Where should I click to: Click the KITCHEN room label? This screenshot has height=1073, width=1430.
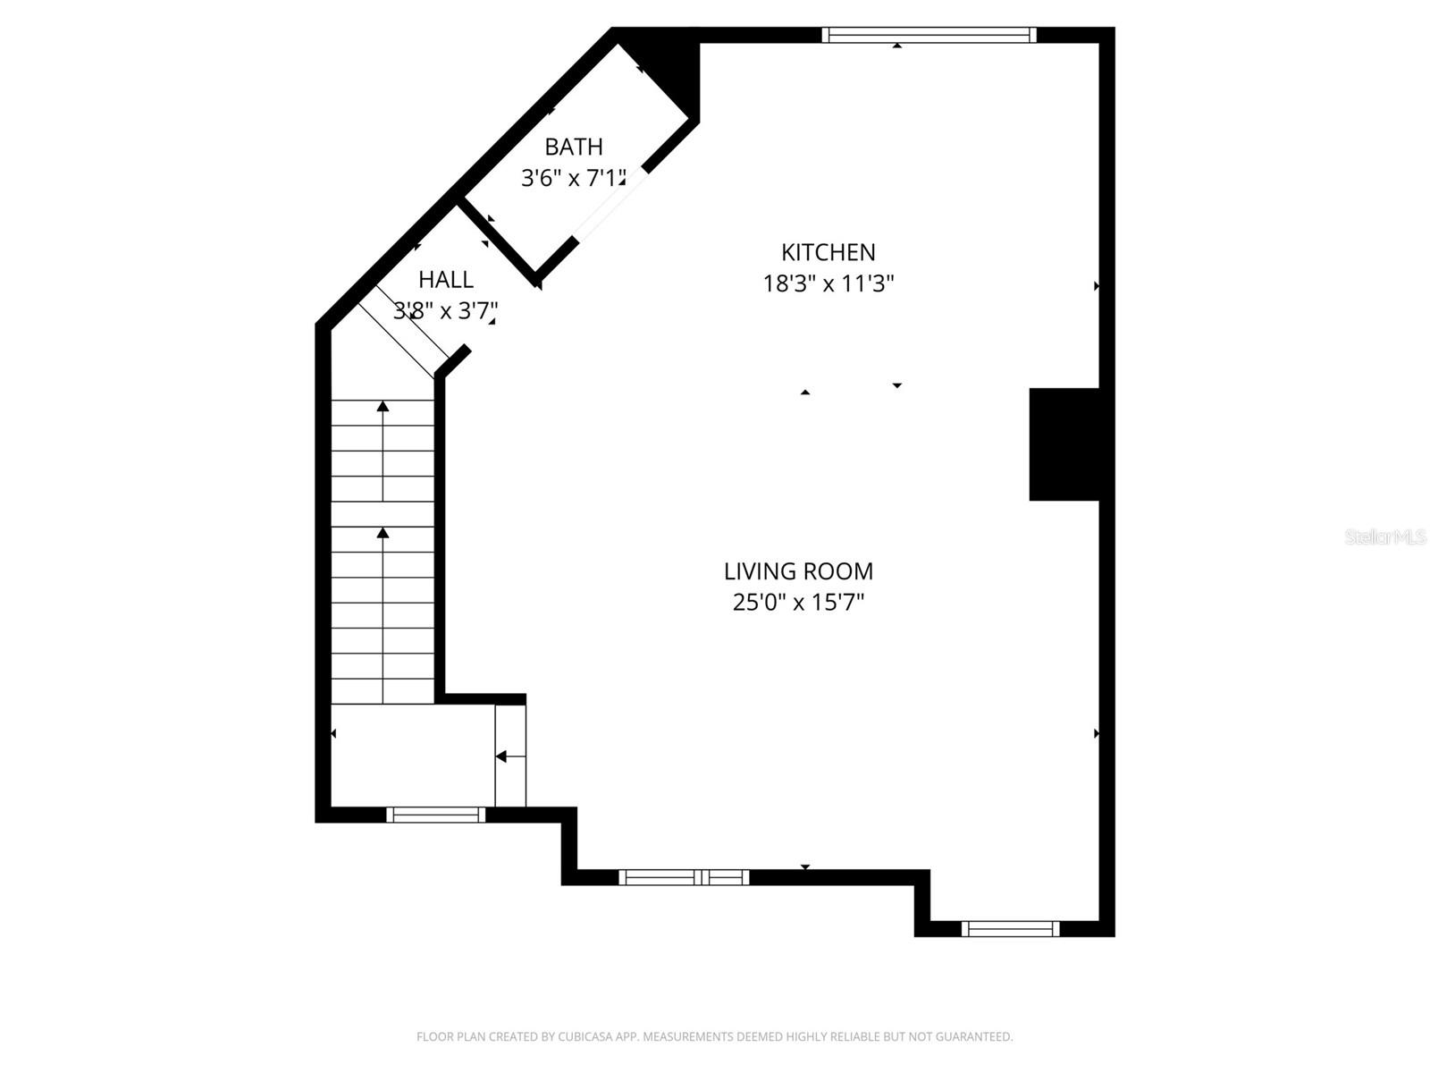click(828, 252)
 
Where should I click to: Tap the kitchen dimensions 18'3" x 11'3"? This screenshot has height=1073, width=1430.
click(828, 284)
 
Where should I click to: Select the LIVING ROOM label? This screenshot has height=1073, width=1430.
click(798, 571)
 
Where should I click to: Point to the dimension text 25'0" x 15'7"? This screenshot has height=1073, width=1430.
click(798, 603)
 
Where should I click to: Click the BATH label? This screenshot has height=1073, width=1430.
click(574, 147)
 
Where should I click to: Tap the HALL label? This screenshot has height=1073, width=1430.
click(446, 280)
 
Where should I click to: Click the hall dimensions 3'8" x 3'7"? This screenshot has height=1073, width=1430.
click(445, 311)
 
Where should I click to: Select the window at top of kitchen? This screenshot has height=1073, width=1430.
click(929, 35)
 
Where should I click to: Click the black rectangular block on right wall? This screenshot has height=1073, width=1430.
click(1064, 444)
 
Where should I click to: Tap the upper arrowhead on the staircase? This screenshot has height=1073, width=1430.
click(383, 407)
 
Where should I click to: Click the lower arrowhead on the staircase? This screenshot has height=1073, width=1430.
click(383, 534)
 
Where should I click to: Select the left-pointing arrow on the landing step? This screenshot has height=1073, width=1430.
click(501, 756)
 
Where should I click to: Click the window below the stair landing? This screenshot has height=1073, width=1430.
click(435, 815)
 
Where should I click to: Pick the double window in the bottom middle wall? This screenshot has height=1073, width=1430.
click(685, 877)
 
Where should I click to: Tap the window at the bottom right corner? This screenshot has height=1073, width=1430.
click(1010, 929)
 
